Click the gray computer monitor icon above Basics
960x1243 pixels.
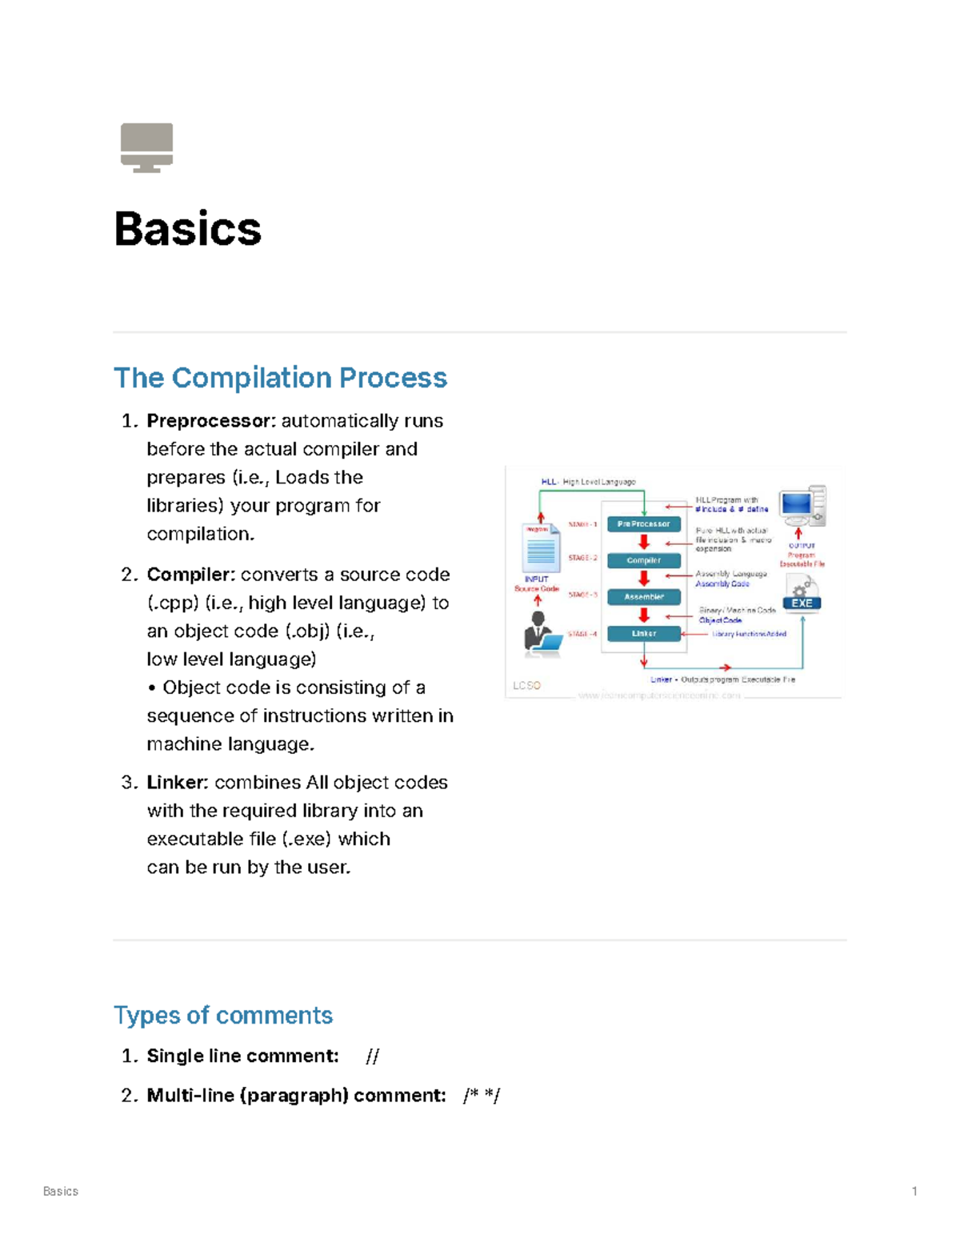[x=146, y=147]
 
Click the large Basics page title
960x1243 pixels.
[x=188, y=229]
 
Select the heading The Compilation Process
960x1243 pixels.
[x=280, y=378]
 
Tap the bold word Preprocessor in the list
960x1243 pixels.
[x=211, y=421]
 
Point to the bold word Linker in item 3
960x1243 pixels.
[x=178, y=783]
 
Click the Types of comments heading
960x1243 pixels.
[x=223, y=1015]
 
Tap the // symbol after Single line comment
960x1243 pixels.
[x=372, y=1057]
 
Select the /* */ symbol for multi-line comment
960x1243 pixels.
[x=481, y=1096]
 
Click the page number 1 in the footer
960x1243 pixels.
[x=914, y=1191]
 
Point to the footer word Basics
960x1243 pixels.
[x=61, y=1191]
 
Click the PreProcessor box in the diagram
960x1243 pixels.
[x=644, y=524]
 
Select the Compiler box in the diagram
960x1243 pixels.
[x=644, y=560]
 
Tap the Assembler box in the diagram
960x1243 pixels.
[x=644, y=597]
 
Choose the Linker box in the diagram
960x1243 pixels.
[x=644, y=634]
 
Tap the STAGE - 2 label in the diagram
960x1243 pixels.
[x=582, y=558]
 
